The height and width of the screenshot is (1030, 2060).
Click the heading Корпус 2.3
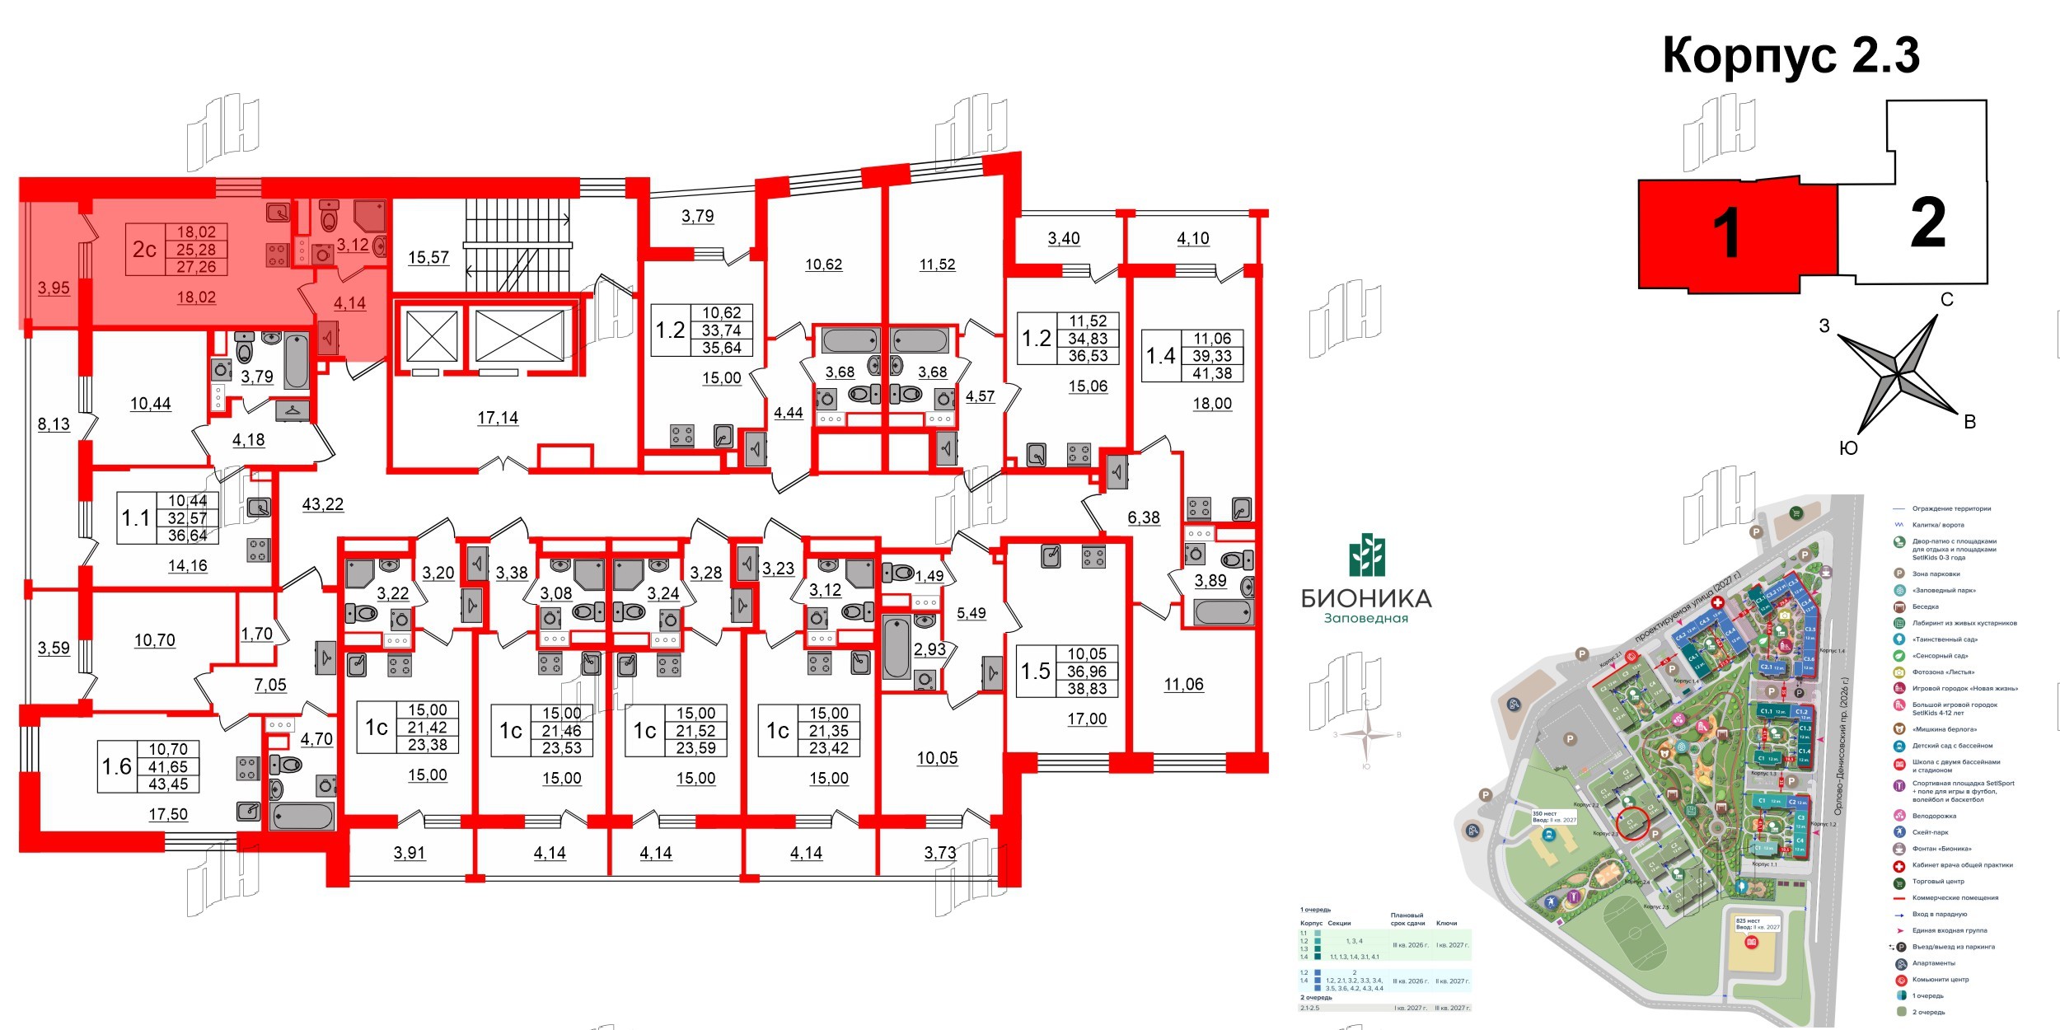[1791, 56]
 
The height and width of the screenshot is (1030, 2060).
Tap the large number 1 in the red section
[1725, 233]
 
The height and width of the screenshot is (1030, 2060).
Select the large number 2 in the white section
[1928, 222]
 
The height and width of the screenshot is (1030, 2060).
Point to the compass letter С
[1947, 300]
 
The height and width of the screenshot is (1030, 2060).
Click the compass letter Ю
[1848, 448]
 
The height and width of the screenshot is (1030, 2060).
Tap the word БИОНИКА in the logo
[1366, 599]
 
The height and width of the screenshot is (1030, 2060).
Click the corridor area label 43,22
[323, 504]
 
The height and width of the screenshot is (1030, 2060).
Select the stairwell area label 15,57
[428, 258]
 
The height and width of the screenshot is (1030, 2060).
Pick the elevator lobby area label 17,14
[498, 419]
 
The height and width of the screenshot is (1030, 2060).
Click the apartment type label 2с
[144, 250]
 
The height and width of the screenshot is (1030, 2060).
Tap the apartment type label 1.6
[116, 767]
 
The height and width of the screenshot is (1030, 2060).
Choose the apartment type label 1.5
[1036, 672]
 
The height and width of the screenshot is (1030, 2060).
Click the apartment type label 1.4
[1161, 356]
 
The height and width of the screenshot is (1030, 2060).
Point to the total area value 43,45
[168, 784]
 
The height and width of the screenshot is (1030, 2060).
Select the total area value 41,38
[1212, 373]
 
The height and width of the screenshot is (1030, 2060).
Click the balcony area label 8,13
[54, 425]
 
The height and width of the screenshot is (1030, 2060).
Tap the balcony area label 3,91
[410, 854]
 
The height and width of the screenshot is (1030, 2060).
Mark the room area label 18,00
[1212, 405]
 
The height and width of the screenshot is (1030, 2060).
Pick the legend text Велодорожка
[1934, 816]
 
